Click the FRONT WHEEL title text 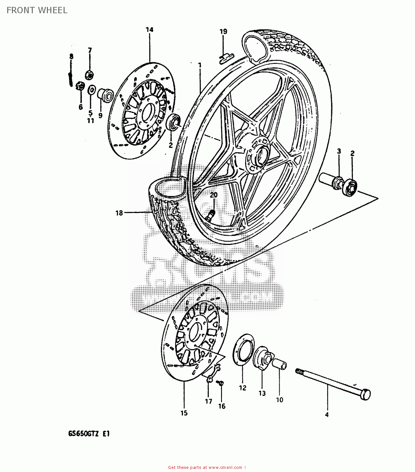coord(37,10)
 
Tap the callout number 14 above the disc coord(149,30)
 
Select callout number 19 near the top coord(223,31)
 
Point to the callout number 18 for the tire coord(119,213)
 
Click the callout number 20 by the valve coord(214,195)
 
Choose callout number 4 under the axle coord(327,415)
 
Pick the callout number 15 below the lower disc coord(184,413)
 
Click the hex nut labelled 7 coord(89,75)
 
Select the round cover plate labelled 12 coord(243,350)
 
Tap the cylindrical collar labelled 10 coord(279,364)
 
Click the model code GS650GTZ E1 coord(89,434)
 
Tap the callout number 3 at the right coord(339,151)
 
